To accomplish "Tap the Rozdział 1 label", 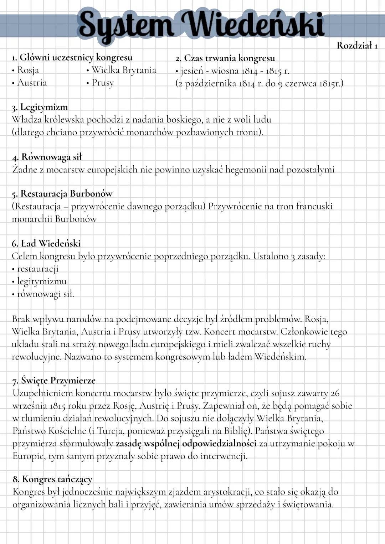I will (x=357, y=46).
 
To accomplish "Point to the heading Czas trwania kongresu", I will (x=225, y=58).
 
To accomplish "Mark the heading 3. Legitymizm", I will (x=40, y=107).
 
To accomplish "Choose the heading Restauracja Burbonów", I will (x=62, y=193).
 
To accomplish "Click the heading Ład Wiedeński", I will (x=46, y=243).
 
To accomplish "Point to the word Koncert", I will (x=220, y=332).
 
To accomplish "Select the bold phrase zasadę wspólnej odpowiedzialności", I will (x=186, y=444).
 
